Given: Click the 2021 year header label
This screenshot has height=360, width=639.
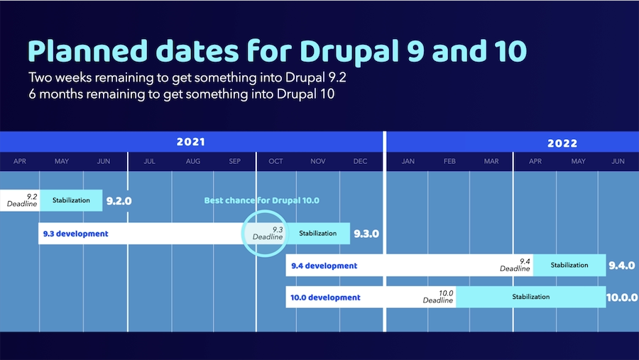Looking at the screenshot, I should (x=190, y=142).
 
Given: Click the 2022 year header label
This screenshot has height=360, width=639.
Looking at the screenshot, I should (x=562, y=143).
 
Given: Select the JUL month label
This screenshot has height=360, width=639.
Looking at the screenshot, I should (x=149, y=161).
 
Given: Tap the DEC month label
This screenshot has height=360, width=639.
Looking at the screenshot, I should (x=360, y=161).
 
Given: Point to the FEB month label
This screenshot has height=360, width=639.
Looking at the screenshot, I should (x=449, y=161).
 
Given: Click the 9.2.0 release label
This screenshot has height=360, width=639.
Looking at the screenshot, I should (x=119, y=201).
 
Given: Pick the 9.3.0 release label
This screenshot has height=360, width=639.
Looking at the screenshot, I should (x=366, y=234).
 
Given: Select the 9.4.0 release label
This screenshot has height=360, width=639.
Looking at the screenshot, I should (x=622, y=266).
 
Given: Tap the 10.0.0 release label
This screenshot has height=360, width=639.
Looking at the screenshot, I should (x=622, y=298).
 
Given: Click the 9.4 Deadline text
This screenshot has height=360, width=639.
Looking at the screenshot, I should (x=515, y=265).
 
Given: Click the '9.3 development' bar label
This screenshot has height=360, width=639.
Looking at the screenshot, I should (x=75, y=234).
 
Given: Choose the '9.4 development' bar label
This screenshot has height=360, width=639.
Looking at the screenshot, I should (x=324, y=266).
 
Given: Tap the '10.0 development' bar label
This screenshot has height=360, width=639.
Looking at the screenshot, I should (x=325, y=298).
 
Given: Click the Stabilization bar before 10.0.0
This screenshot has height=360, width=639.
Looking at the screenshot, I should (x=531, y=297).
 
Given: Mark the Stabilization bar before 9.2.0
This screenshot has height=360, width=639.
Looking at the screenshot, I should (x=71, y=200).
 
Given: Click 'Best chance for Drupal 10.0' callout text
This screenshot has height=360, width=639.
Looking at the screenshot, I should (x=261, y=200).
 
